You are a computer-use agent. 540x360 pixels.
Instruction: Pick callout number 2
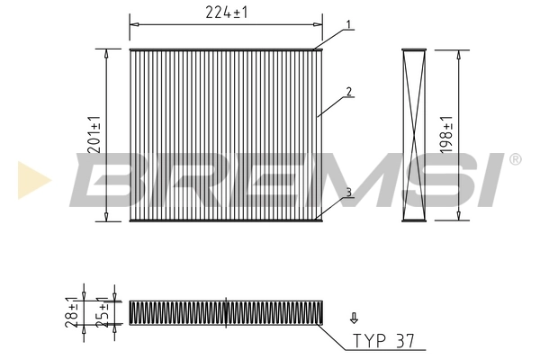click(348, 92)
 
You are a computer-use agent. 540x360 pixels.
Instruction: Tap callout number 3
click(348, 191)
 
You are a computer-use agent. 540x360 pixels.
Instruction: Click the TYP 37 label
click(384, 341)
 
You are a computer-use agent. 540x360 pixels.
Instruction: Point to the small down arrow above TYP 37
click(354, 317)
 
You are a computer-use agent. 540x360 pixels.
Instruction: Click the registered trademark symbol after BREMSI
click(515, 160)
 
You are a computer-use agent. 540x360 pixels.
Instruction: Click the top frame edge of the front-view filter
click(225, 49)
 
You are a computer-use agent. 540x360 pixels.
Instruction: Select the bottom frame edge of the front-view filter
click(225, 220)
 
